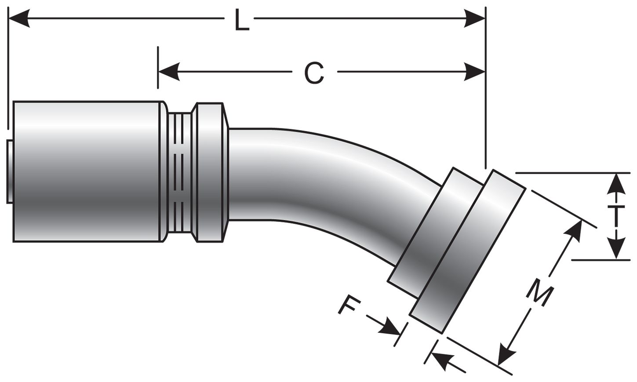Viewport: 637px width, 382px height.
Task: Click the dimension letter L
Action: point(240,21)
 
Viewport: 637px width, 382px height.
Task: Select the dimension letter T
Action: point(617,215)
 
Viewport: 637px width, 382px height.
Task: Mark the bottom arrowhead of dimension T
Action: point(617,249)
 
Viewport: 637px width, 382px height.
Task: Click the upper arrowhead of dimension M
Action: point(573,230)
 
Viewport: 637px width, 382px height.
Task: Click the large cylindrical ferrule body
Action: point(88,171)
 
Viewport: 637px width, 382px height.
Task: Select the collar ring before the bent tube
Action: point(211,171)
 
